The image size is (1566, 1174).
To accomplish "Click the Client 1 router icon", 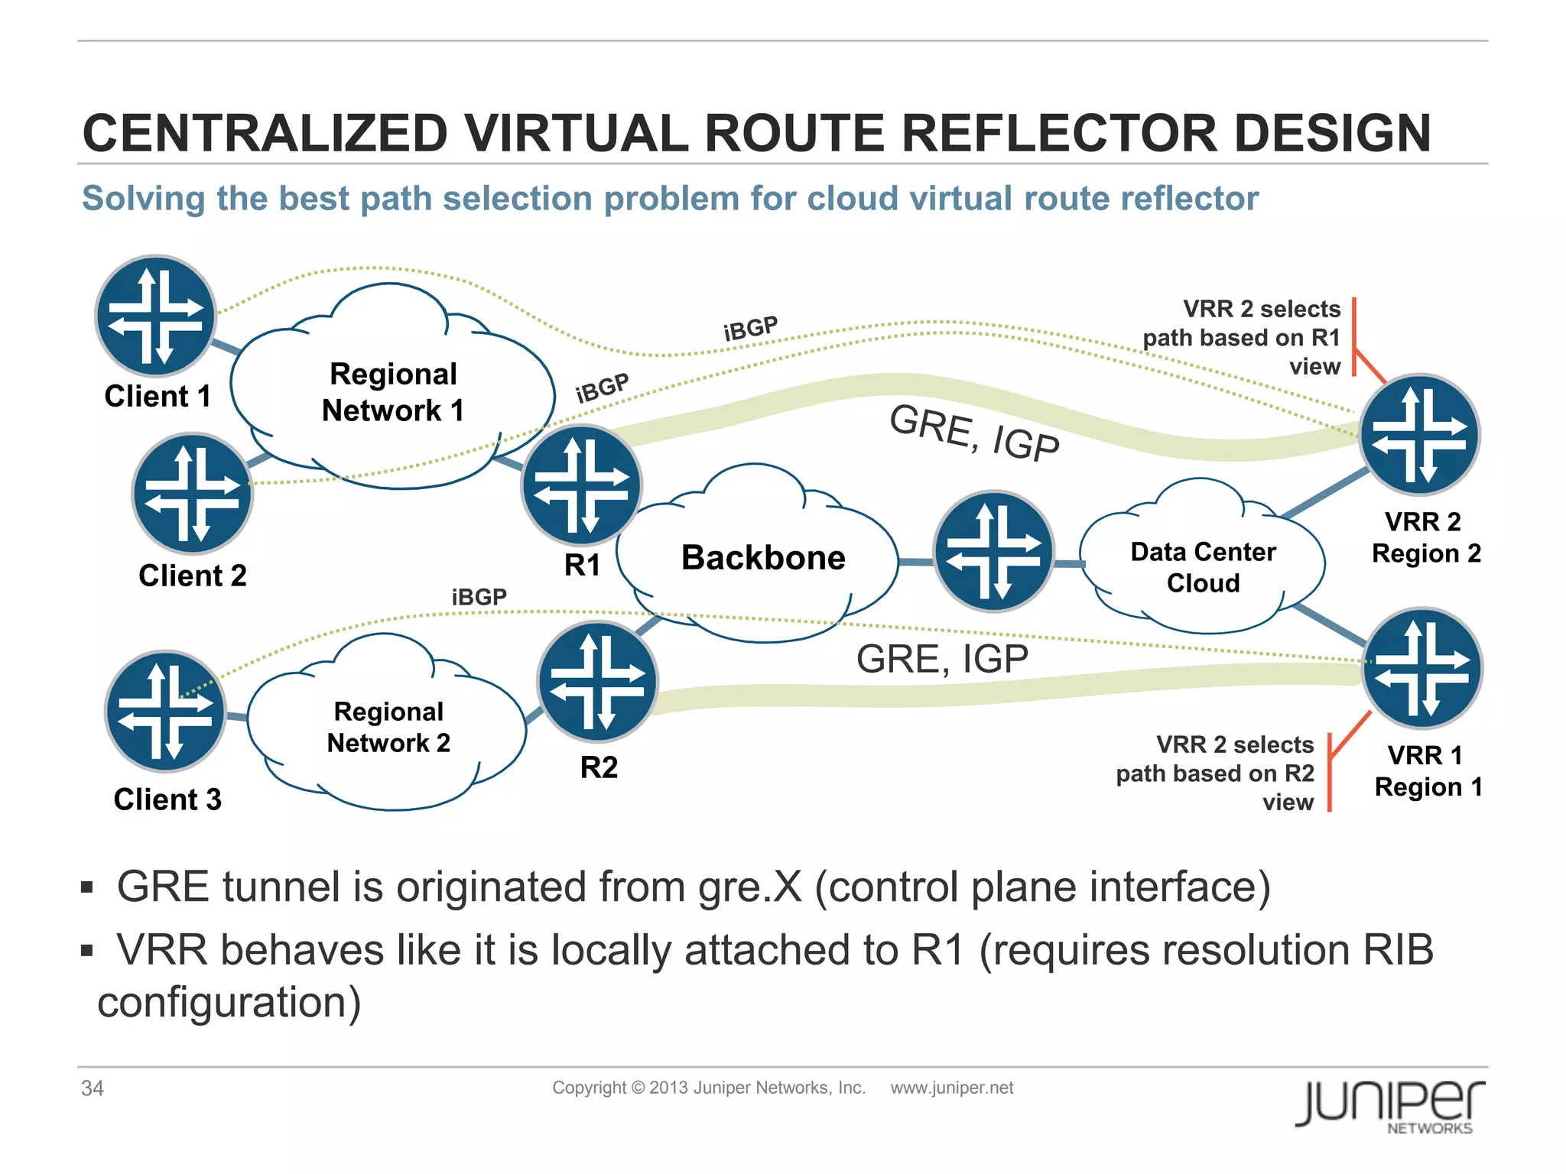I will click(156, 316).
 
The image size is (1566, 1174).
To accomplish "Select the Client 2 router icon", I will click(193, 494).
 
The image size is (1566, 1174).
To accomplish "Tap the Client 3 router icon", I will click(165, 712).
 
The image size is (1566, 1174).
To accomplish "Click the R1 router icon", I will click(582, 485).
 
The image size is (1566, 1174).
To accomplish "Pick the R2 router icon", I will click(597, 682).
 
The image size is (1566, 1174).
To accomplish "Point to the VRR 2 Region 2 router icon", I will click(1420, 434).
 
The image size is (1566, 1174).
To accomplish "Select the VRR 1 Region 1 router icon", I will click(1422, 668).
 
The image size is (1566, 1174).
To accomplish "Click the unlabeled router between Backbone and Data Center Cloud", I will click(994, 550).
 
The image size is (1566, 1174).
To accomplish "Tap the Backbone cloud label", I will click(763, 558).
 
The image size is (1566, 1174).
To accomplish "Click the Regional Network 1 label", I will click(393, 392).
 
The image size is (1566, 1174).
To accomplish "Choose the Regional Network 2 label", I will click(388, 727).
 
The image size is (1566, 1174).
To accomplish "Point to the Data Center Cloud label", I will click(1203, 567).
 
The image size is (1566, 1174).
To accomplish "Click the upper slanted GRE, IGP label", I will click(974, 433).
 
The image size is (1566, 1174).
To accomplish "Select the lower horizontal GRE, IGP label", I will click(942, 659).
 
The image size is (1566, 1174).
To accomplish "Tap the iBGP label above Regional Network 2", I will click(479, 596).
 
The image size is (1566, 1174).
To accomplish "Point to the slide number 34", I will click(93, 1088).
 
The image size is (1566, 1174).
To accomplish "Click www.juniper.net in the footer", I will click(951, 1088).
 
